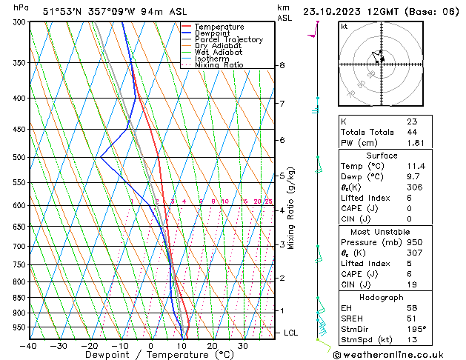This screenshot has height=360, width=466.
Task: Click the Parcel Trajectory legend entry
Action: tap(228, 39)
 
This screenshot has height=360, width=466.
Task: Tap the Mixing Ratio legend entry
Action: tap(220, 65)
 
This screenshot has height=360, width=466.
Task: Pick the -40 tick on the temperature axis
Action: tap(30, 346)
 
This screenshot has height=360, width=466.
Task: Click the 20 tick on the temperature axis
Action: tap(212, 346)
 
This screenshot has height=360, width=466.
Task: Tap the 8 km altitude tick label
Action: tap(282, 66)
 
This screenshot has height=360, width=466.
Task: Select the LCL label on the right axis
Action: tap(291, 333)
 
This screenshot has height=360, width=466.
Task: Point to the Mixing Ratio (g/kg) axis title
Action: tap(292, 208)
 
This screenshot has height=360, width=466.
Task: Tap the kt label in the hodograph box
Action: tap(344, 27)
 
